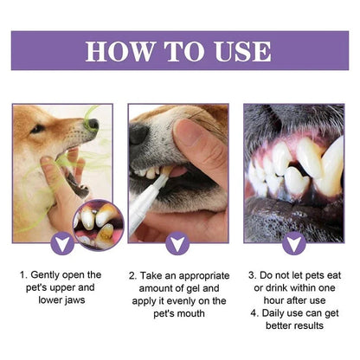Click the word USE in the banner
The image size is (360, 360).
pos(242,50)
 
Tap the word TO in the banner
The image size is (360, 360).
pos(183,50)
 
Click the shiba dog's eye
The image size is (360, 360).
pos(38,128)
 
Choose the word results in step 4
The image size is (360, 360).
pos(302,327)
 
